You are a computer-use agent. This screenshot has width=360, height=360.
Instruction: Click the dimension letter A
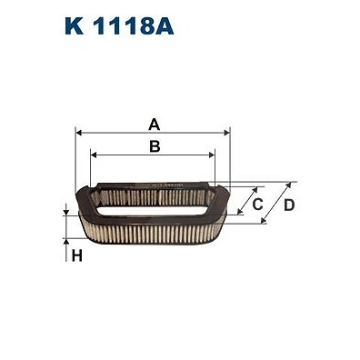[155, 125]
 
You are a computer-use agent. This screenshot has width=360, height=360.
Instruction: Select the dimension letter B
[155, 146]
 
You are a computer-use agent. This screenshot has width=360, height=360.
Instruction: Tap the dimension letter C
[257, 205]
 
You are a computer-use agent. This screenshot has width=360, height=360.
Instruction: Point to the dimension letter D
[289, 205]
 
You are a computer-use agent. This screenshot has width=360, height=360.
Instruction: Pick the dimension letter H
[77, 256]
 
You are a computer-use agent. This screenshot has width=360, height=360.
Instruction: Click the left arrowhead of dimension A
[78, 133]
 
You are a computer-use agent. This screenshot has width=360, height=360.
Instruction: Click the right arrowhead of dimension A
[226, 133]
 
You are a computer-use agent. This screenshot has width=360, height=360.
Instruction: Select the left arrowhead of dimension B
[94, 155]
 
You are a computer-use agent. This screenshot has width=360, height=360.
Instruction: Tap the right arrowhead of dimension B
[212, 155]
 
